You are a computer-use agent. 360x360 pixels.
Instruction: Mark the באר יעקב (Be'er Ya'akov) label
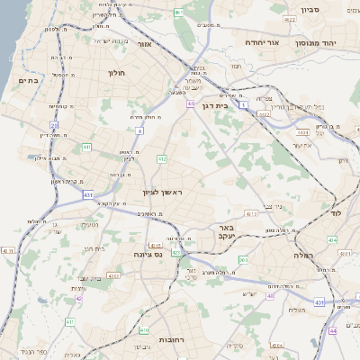(226, 234)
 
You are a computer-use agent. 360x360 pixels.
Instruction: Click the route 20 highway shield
(54, 126)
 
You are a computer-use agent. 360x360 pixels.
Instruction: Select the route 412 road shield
(162, 159)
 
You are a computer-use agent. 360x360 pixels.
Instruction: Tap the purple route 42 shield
(79, 298)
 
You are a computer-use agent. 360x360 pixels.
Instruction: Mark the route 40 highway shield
(269, 295)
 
